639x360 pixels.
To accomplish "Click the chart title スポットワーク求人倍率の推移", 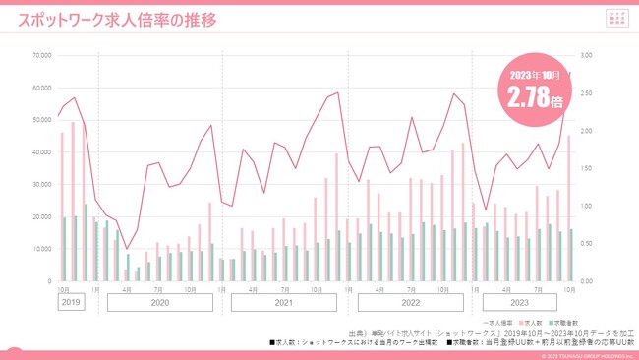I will [x=117, y=19].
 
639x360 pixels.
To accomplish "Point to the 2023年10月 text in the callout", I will [x=535, y=74].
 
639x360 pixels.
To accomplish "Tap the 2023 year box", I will [x=522, y=303].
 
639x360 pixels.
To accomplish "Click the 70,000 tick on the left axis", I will [x=41, y=55].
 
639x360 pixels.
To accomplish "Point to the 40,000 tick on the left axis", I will [x=41, y=152].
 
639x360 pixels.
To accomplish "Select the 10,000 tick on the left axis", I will [x=41, y=249].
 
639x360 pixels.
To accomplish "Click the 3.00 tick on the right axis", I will [x=588, y=55].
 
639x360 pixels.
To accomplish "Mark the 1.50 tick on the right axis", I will [x=588, y=168].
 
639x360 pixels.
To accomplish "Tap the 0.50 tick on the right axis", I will [x=588, y=244].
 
